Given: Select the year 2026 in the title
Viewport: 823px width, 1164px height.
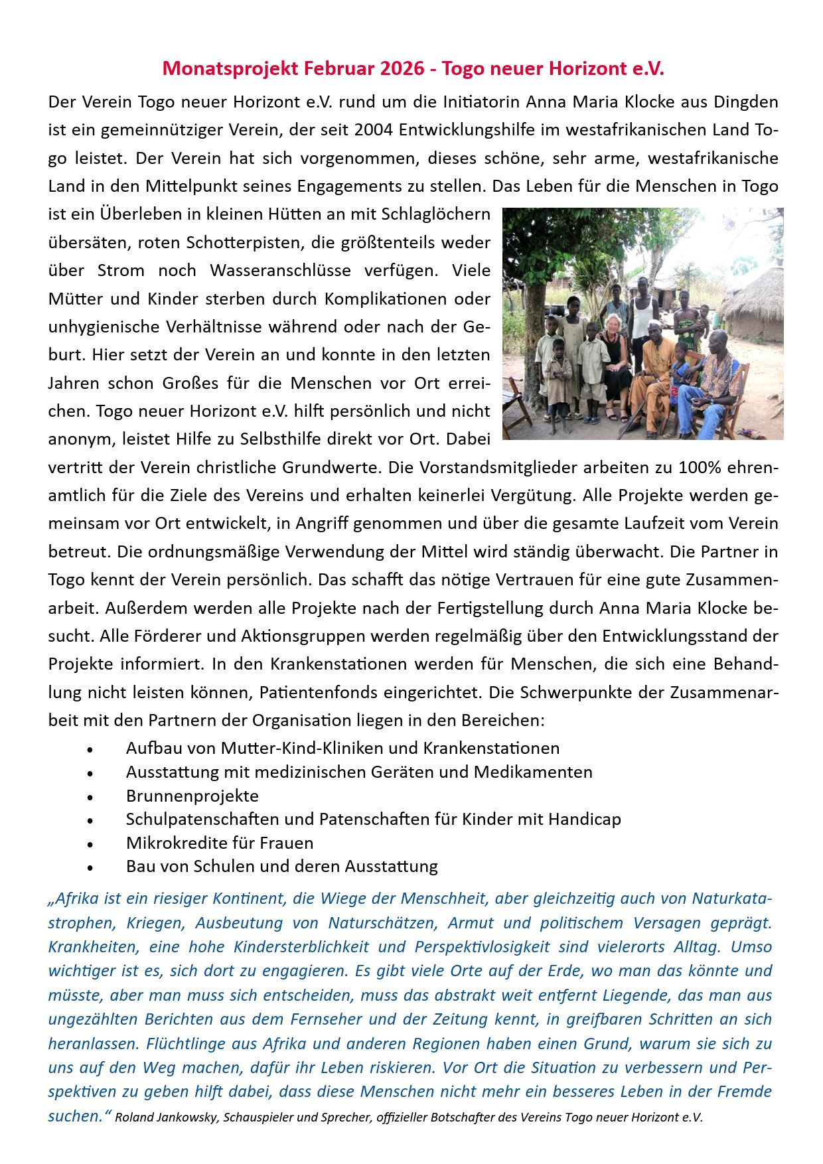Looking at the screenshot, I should tap(402, 68).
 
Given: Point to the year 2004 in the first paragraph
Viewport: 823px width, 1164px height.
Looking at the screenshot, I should tap(374, 129).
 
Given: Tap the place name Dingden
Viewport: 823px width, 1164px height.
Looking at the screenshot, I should tap(746, 102).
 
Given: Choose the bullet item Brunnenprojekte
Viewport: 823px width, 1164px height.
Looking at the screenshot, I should tap(192, 796).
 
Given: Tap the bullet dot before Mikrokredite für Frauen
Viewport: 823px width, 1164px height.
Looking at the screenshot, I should tap(90, 844).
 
